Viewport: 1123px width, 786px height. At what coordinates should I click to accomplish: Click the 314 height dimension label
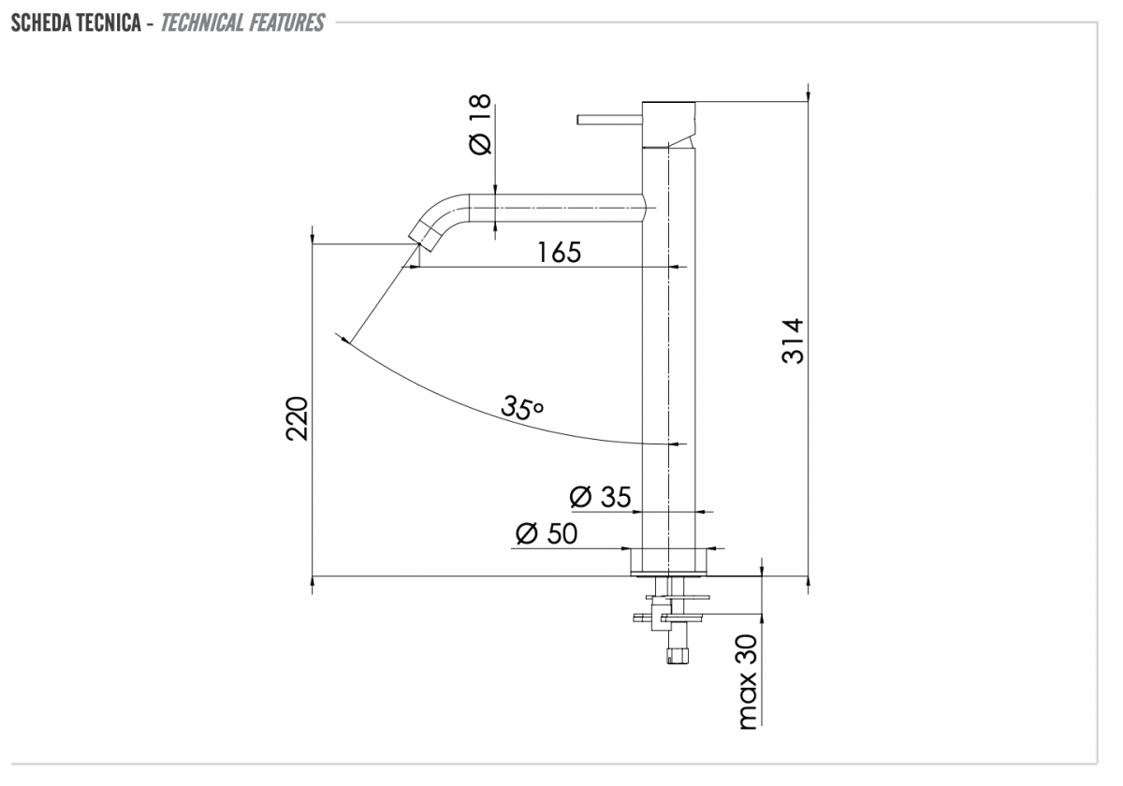(793, 341)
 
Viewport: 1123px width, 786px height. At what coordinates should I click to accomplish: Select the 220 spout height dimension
(297, 418)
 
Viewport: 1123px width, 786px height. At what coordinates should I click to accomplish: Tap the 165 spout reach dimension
(559, 252)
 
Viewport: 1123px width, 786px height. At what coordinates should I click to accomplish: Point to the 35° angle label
(522, 408)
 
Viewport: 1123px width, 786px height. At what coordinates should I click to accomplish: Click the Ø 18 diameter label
(480, 124)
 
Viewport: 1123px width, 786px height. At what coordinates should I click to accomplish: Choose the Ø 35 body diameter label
(600, 497)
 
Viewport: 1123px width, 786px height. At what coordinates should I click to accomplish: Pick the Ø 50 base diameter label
(547, 533)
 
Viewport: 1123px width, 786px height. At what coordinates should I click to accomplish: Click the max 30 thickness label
(748, 682)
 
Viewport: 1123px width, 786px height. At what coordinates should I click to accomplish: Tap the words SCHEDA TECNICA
(76, 23)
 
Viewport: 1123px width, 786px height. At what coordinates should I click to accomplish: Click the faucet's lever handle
(609, 120)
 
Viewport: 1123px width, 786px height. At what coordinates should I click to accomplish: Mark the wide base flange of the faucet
(669, 561)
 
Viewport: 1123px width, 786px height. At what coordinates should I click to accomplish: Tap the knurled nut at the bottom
(678, 656)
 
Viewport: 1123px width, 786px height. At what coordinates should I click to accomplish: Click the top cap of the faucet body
(669, 124)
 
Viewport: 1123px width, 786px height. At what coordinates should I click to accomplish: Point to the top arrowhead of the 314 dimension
(809, 95)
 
